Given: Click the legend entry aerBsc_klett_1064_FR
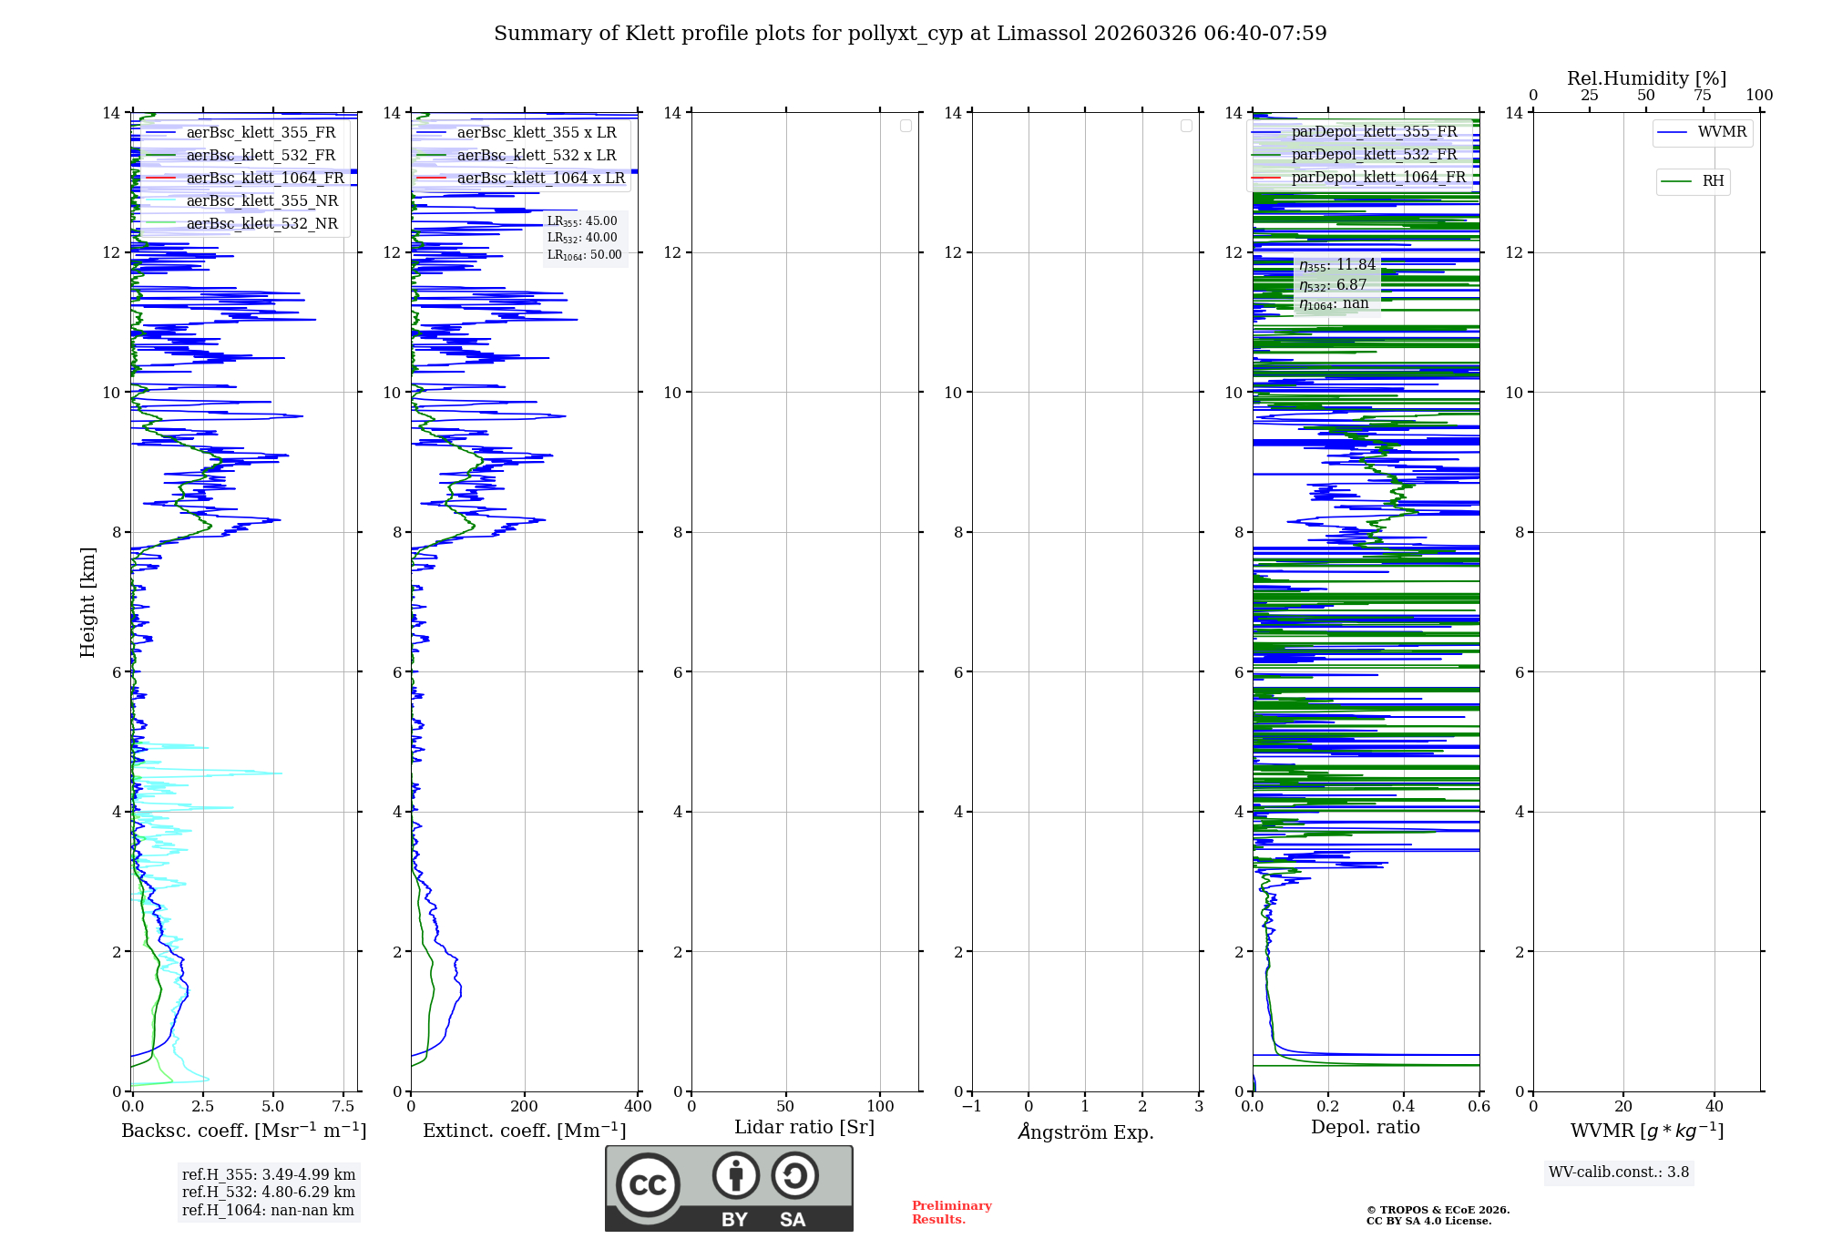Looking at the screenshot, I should [265, 178].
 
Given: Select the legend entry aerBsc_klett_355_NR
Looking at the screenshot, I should [262, 200].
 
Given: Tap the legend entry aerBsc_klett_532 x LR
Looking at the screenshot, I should [537, 155].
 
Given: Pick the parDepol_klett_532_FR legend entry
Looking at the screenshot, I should [1374, 154].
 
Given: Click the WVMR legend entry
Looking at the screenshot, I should [1722, 132].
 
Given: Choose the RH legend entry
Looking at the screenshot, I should [1713, 181].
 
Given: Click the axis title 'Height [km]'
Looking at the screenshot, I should [87, 601].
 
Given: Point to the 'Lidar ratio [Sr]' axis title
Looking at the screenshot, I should [804, 1127].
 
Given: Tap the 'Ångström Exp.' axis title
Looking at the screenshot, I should [1086, 1131].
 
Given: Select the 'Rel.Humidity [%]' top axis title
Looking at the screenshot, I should [1646, 78].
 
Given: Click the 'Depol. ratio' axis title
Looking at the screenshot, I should [1365, 1127].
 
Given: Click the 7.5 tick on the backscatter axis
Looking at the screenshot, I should [343, 1107].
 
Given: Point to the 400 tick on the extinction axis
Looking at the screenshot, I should [638, 1107].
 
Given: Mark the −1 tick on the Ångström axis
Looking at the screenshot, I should [972, 1107].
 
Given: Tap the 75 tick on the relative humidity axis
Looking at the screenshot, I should [1702, 96].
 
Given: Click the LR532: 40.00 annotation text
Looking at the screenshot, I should [582, 238].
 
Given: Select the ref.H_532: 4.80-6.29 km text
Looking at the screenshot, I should [269, 1192].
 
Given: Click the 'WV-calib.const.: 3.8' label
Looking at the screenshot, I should [1619, 1172].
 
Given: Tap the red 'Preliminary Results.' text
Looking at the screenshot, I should [951, 1213].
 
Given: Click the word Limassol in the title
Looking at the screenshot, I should [1041, 34].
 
